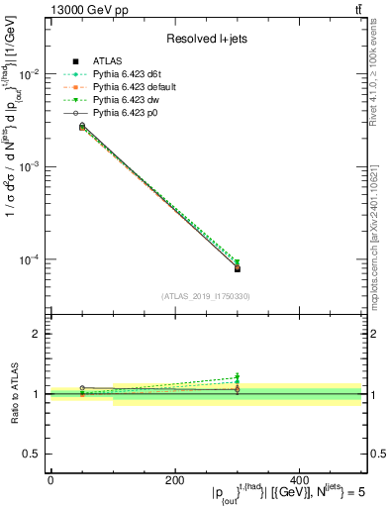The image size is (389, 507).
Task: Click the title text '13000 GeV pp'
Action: coord(83,9)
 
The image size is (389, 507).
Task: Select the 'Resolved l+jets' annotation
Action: coord(205,39)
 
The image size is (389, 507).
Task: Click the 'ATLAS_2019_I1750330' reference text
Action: coord(205,295)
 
